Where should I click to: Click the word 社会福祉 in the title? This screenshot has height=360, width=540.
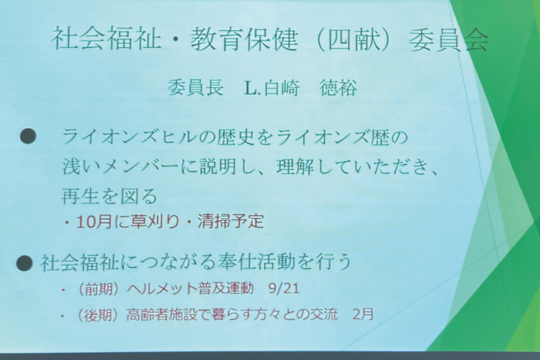click(x=107, y=39)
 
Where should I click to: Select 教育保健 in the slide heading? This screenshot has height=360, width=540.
click(x=244, y=39)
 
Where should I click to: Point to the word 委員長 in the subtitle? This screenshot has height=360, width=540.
click(x=195, y=88)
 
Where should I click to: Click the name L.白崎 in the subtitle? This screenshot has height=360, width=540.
click(x=271, y=89)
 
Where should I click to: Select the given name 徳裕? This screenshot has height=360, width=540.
click(x=338, y=88)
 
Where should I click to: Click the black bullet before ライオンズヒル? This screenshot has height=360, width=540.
click(x=28, y=137)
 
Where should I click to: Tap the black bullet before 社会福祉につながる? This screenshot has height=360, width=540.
click(x=24, y=264)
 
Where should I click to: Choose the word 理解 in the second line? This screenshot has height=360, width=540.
click(x=296, y=167)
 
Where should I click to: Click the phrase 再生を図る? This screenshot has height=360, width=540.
click(x=109, y=197)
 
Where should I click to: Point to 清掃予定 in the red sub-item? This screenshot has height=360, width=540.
click(x=230, y=221)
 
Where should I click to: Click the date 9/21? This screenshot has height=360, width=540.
click(x=285, y=288)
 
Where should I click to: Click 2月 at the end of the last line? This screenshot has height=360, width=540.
click(x=364, y=314)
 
